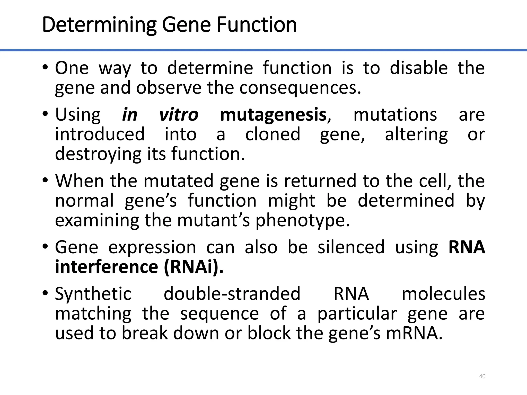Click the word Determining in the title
click(99, 25)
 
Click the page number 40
click(482, 376)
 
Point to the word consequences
click(300, 88)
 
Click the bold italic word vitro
click(179, 115)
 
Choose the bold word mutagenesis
click(273, 115)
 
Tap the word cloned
click(273, 134)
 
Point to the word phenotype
click(303, 220)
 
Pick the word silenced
click(351, 247)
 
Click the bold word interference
click(107, 267)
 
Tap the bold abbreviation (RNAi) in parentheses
click(193, 267)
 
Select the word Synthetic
click(93, 294)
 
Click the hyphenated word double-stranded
click(232, 294)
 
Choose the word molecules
click(443, 294)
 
